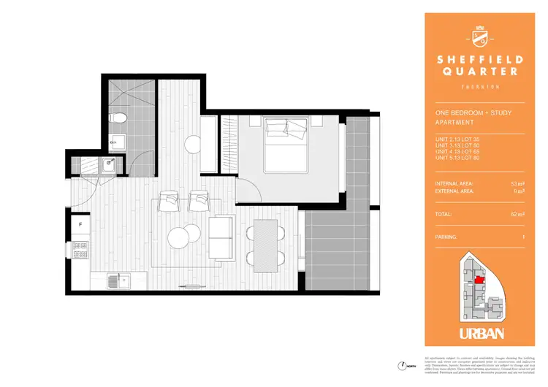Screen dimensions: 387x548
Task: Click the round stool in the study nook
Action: tap(193, 145)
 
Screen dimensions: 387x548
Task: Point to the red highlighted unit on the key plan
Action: tap(479, 279)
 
